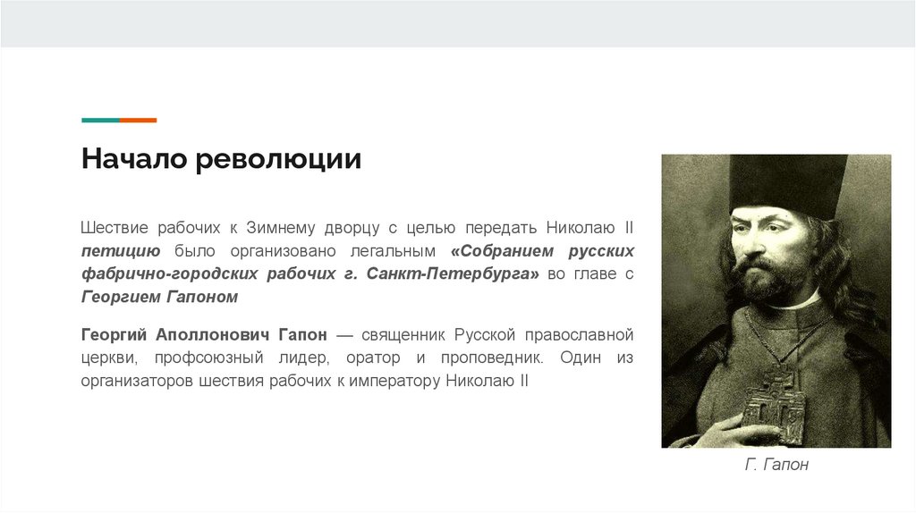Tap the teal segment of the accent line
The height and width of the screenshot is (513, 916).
[x=100, y=120]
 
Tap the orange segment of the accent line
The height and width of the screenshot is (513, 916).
[x=139, y=120]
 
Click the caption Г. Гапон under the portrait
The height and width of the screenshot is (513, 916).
[x=776, y=466]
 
